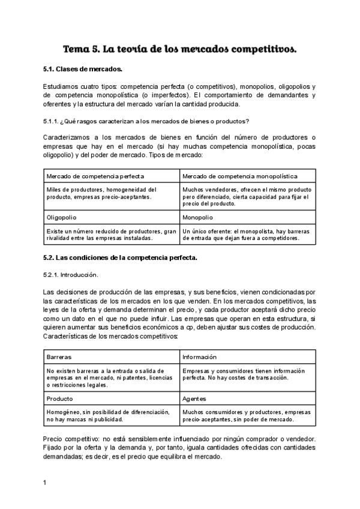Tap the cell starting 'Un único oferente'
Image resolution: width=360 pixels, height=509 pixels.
247,234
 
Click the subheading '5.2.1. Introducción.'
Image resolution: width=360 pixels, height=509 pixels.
71,274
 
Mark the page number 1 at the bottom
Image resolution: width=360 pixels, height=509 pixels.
45,482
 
